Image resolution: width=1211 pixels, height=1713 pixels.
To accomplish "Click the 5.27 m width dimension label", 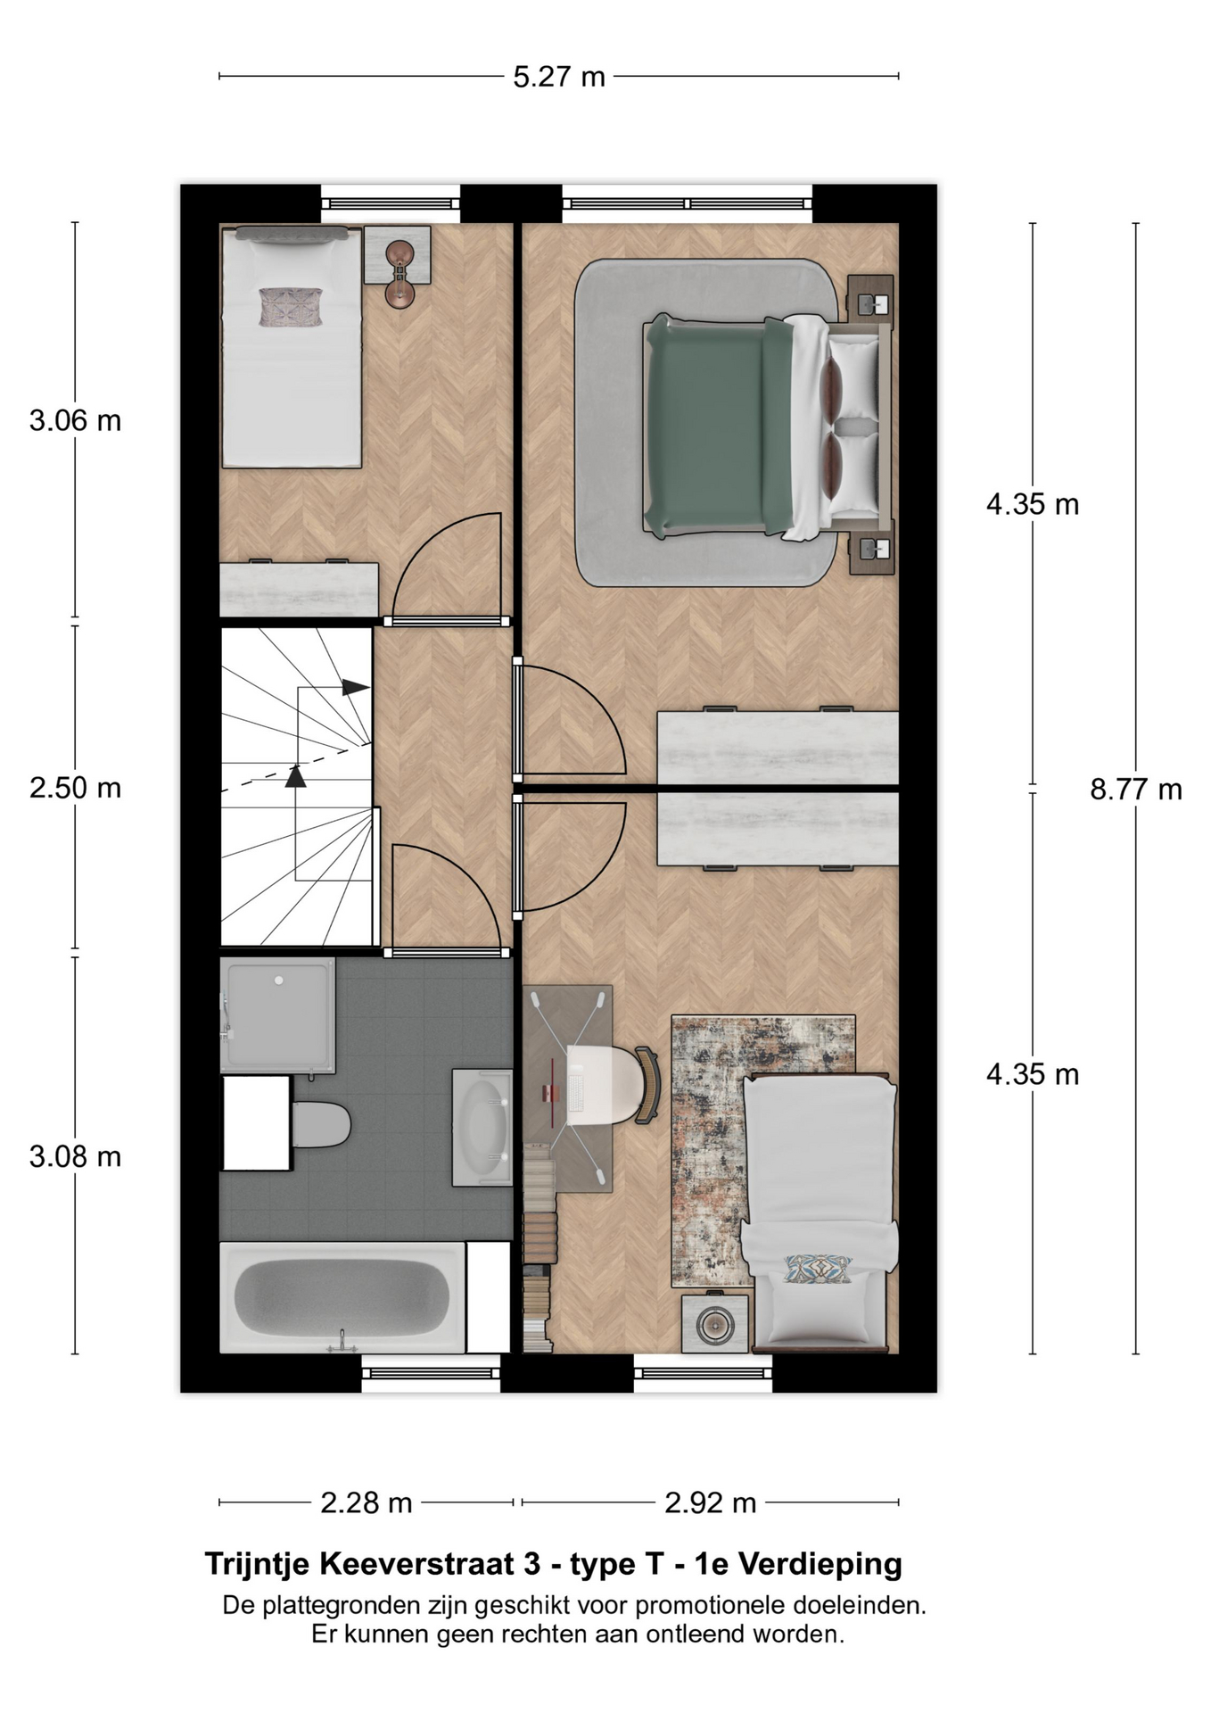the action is [x=559, y=77].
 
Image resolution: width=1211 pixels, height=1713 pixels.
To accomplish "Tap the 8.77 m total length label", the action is [x=1136, y=789].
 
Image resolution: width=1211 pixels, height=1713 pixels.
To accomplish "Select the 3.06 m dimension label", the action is [x=75, y=420].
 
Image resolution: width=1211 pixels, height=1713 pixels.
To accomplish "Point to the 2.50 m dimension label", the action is [x=75, y=788].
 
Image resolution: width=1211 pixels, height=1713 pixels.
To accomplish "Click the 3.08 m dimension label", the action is [x=75, y=1156].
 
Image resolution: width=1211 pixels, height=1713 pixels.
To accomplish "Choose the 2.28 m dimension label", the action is [x=367, y=1503].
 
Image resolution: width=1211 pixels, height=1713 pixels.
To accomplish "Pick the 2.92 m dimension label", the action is [x=711, y=1503].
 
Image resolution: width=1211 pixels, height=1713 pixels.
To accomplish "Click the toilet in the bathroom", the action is [x=319, y=1125].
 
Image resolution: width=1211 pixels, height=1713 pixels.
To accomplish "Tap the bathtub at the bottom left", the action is [x=342, y=1296].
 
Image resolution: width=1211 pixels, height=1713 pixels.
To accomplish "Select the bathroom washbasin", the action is [x=482, y=1128].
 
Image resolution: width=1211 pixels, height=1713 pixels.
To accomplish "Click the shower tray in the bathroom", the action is [x=278, y=1014].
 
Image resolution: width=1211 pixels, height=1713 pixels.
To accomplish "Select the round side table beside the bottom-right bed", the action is [x=715, y=1324].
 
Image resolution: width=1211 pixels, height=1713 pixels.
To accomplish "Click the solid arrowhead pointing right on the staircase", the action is [x=356, y=688].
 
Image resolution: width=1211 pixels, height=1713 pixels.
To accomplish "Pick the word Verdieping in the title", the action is [x=821, y=1564].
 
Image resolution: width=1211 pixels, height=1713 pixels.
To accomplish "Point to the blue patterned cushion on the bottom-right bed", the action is [x=818, y=1269].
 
